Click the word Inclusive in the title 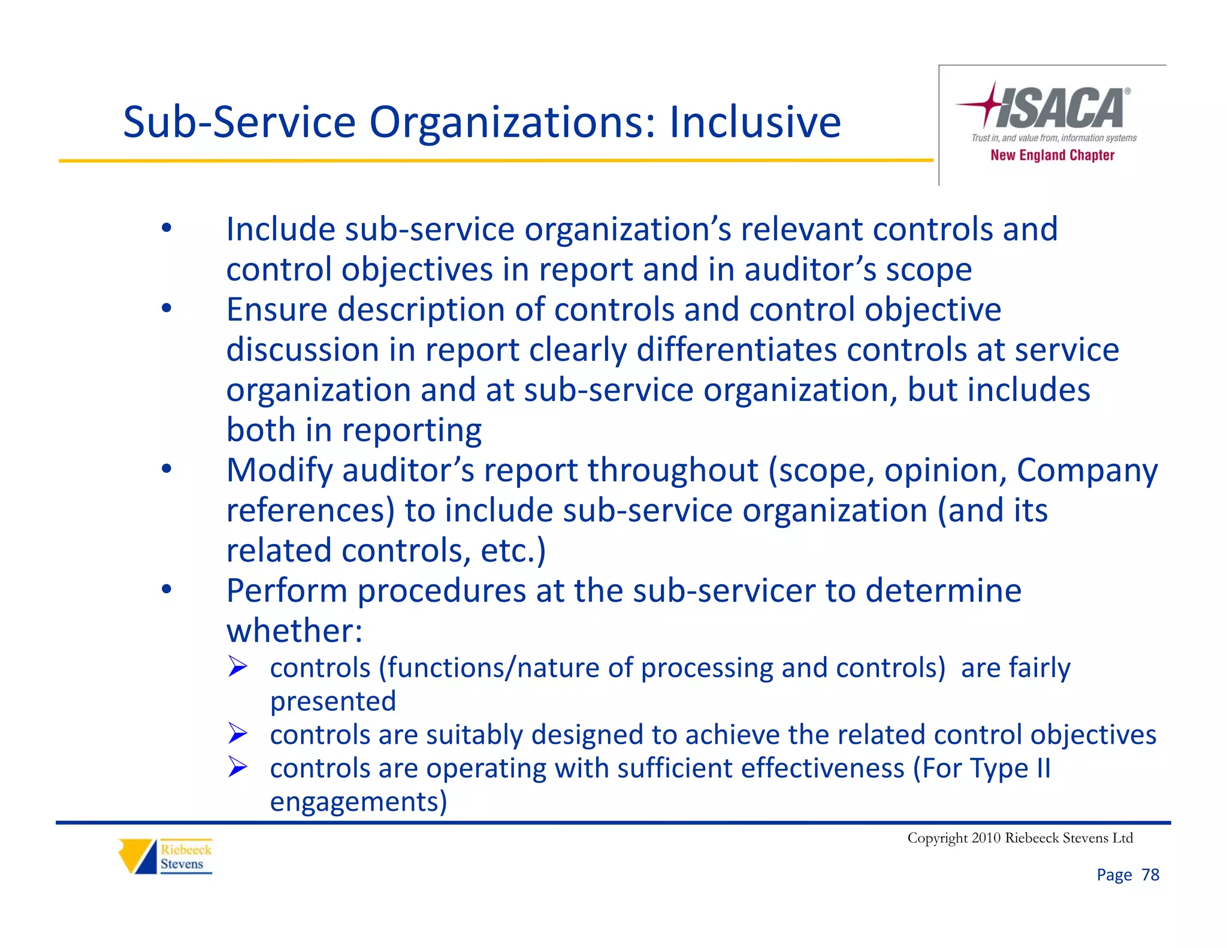[755, 123]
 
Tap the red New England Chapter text [1052, 155]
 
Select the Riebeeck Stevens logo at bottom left [165, 856]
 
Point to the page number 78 [1150, 875]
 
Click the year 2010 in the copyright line [986, 838]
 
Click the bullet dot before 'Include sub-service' [167, 228]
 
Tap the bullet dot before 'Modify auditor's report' [167, 469]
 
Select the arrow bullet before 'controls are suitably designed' [238, 733]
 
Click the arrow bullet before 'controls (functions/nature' [238, 666]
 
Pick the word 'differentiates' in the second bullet [736, 349]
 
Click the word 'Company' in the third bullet [1087, 471]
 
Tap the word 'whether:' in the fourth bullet [294, 631]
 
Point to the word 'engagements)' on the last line [358, 802]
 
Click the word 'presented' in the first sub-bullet [333, 702]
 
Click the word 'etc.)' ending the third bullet [513, 551]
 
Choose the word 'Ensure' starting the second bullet [277, 310]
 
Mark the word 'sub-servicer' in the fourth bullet [724, 591]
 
